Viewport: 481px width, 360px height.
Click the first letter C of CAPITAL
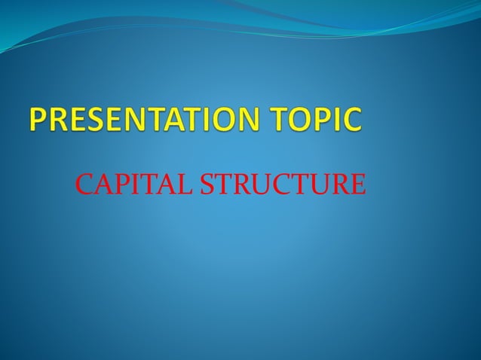click(84, 183)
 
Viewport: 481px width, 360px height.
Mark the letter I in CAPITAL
click(130, 183)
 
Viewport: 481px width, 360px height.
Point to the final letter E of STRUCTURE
click(357, 183)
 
